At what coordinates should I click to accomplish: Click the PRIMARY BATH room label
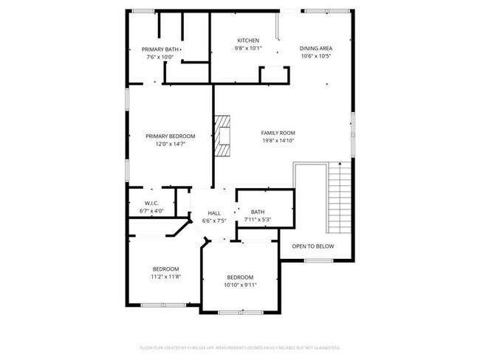[160, 49]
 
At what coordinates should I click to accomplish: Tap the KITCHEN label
[247, 40]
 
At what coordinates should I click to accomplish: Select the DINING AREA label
[316, 49]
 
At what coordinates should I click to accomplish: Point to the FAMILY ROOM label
[278, 133]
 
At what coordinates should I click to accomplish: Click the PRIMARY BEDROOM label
[170, 136]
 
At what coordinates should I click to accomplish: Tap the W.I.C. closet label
[151, 203]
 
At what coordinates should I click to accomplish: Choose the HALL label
[214, 212]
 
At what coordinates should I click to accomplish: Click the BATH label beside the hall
[258, 212]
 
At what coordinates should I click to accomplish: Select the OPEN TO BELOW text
[312, 246]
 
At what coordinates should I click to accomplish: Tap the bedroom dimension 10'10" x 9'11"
[240, 285]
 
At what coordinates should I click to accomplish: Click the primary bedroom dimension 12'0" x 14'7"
[170, 144]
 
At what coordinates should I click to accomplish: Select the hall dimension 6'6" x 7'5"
[214, 220]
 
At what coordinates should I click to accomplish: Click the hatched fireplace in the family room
[222, 135]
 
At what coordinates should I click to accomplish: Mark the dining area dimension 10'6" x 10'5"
[316, 56]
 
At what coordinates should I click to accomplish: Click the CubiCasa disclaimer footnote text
[240, 347]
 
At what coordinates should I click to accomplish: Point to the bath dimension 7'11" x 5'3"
[258, 219]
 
